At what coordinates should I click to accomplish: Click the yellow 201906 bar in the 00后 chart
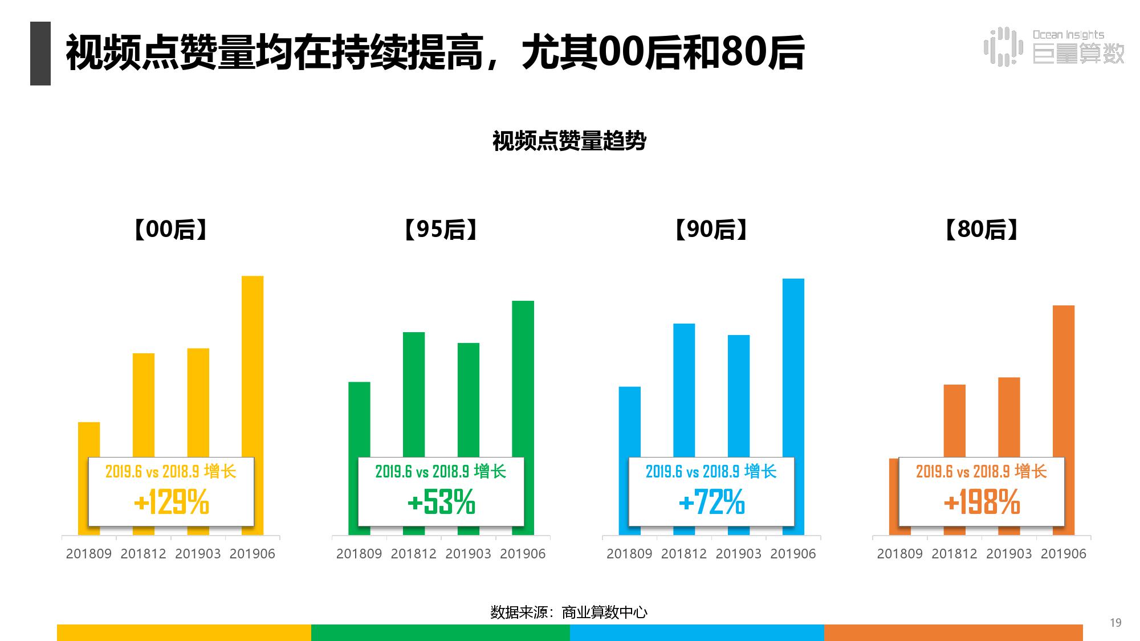[x=253, y=365]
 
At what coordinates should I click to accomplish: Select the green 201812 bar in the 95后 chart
[x=414, y=393]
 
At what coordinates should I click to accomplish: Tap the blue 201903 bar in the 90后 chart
[x=739, y=393]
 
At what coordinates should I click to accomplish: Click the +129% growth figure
[x=171, y=503]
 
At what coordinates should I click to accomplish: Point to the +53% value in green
[x=441, y=503]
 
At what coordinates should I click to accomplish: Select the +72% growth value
[x=711, y=503]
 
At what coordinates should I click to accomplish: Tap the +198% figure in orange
[x=982, y=503]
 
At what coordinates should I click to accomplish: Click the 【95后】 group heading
[x=441, y=230]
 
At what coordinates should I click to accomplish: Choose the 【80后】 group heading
[x=982, y=230]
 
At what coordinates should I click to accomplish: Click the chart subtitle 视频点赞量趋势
[x=569, y=141]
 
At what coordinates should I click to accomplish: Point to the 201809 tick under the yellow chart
[x=89, y=554]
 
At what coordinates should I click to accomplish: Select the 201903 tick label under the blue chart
[x=739, y=554]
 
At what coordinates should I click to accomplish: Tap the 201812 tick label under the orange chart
[x=954, y=554]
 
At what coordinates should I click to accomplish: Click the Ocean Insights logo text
[x=1068, y=35]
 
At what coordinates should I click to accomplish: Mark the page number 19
[x=1115, y=623]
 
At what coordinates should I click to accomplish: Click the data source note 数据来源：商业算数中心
[x=569, y=613]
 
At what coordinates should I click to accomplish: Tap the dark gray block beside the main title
[x=40, y=54]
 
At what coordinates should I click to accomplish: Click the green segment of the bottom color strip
[x=440, y=632]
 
